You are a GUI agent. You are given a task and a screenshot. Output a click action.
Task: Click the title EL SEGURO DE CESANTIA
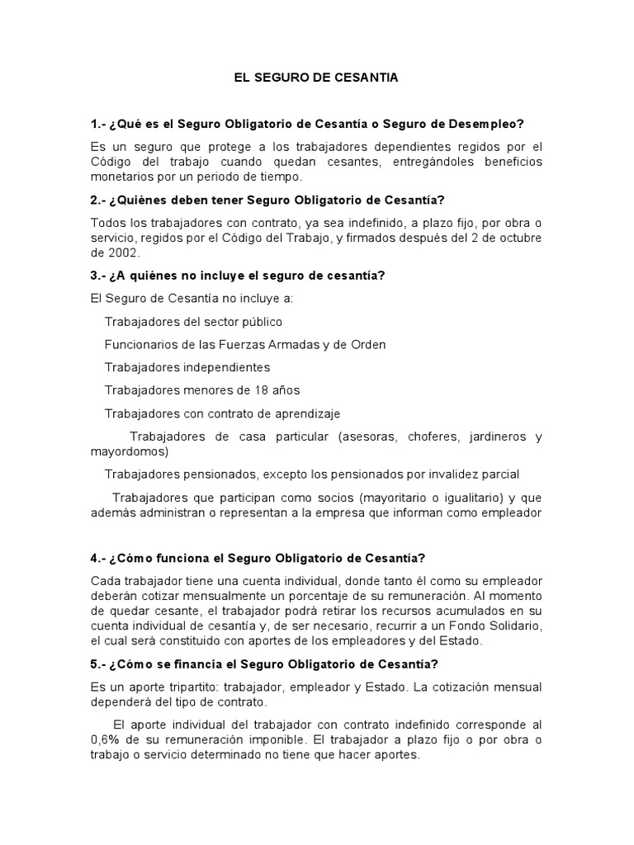(x=316, y=78)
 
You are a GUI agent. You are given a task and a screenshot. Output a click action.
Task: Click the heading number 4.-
(x=99, y=559)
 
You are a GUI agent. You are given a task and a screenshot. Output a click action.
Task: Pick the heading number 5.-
(x=99, y=664)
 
